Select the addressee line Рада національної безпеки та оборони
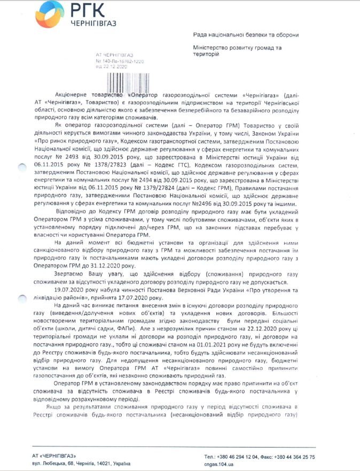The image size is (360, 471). (x=246, y=35)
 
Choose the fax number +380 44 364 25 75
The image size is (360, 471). (x=293, y=457)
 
